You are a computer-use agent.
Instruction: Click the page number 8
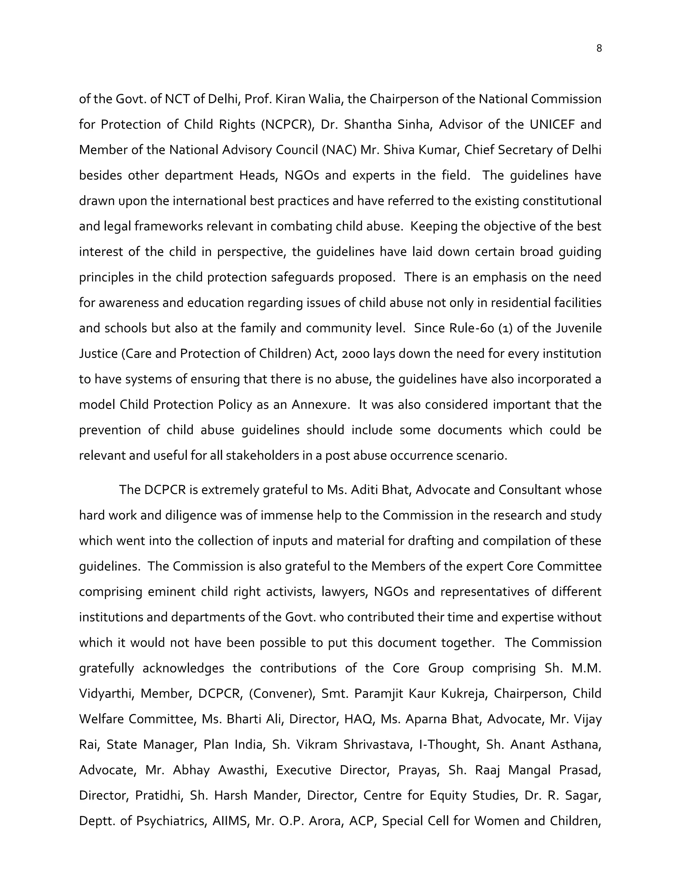coord(599,49)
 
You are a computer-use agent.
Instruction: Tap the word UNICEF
coord(552,124)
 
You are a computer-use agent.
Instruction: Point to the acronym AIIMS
coord(230,821)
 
